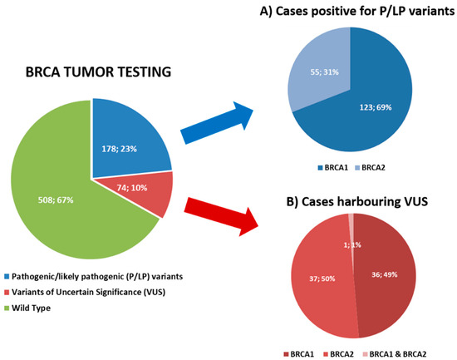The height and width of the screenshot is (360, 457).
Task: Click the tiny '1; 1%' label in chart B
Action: click(x=353, y=244)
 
